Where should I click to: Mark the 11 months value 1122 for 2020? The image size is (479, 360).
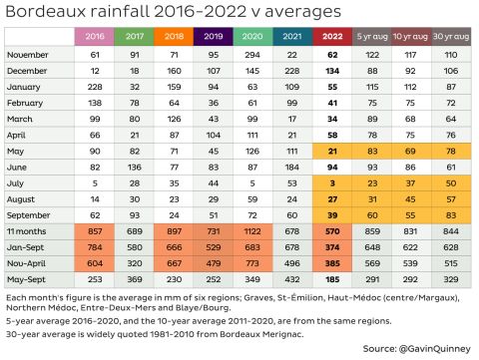click(x=251, y=230)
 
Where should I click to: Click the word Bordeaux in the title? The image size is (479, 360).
click(x=45, y=13)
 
